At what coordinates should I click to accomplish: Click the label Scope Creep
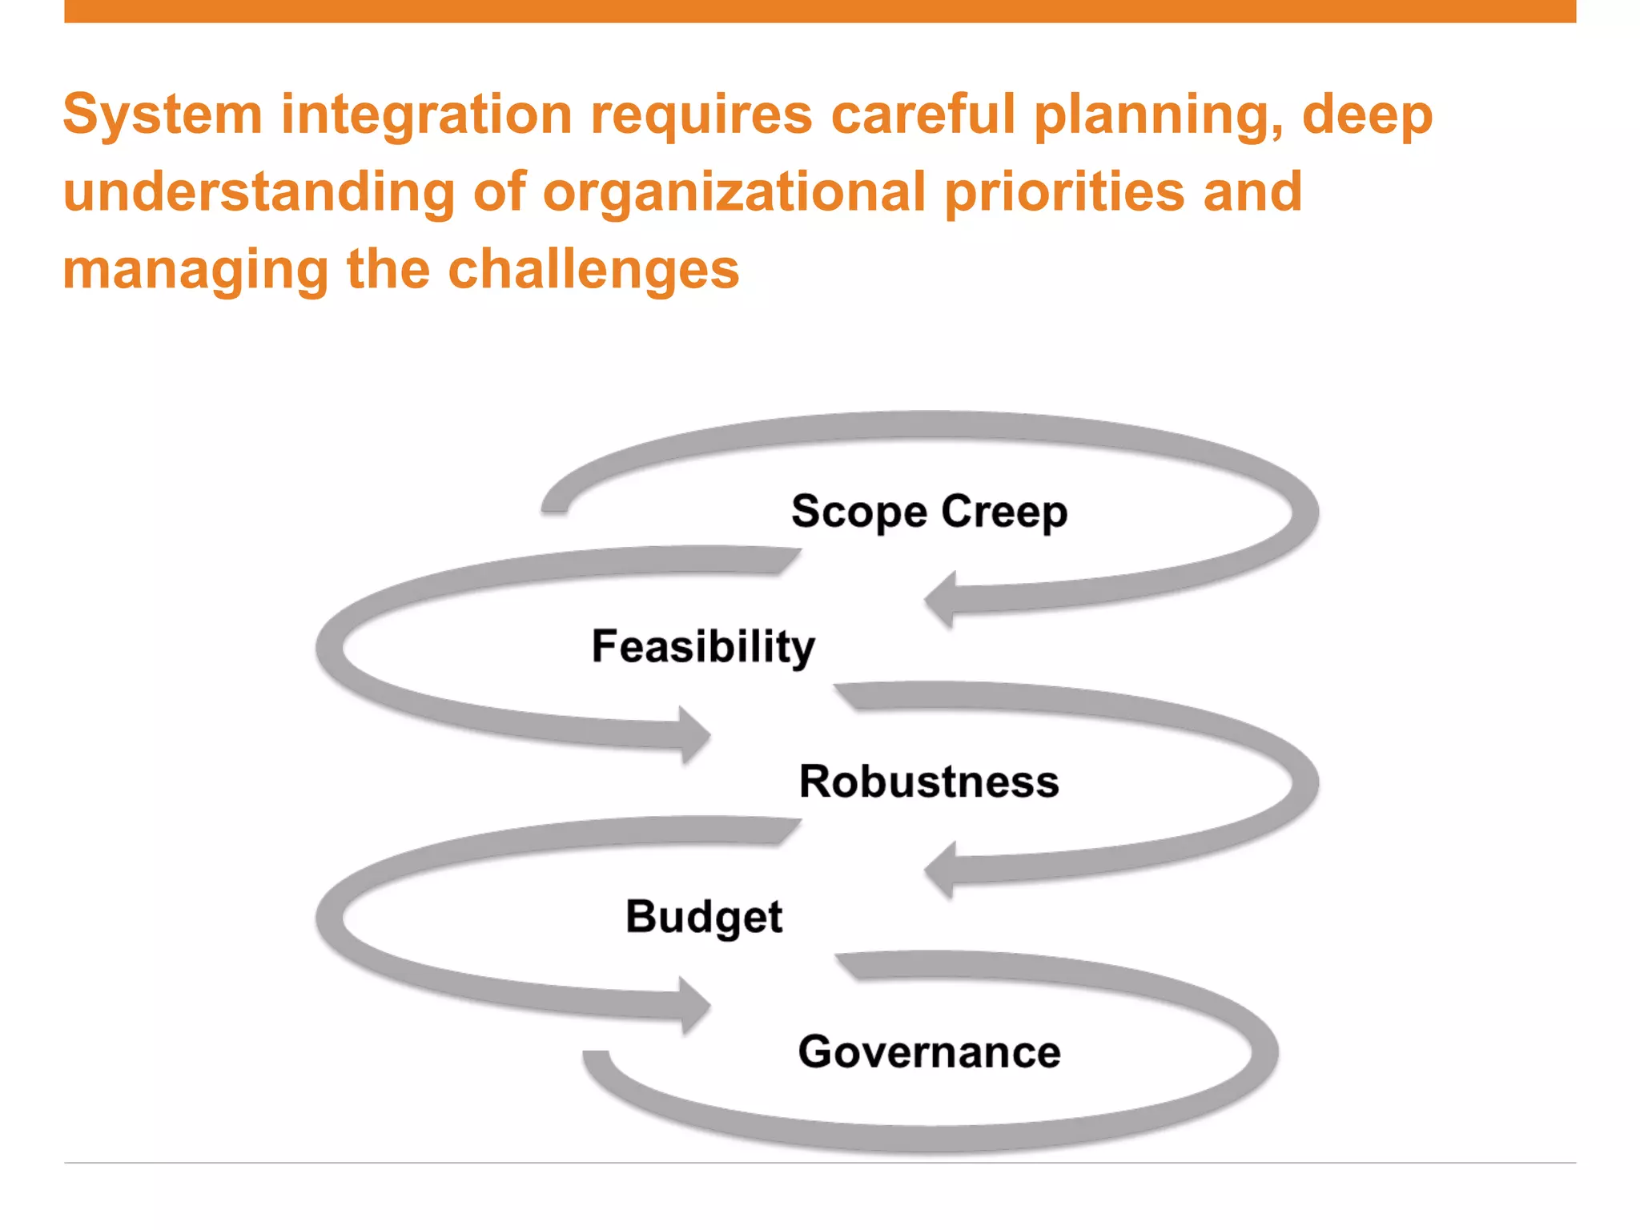(x=929, y=512)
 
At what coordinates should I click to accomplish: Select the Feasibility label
(x=703, y=646)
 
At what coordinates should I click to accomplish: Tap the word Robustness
(x=929, y=782)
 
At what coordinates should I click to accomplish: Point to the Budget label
(x=703, y=916)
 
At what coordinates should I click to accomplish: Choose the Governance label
(x=929, y=1051)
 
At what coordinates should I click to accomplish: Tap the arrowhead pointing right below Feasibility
(x=693, y=734)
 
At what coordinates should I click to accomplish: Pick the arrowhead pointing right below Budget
(x=693, y=1005)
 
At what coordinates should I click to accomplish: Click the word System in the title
(x=163, y=115)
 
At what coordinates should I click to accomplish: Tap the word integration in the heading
(x=426, y=115)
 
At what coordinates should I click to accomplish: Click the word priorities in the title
(x=1064, y=192)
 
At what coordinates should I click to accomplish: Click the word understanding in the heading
(x=259, y=192)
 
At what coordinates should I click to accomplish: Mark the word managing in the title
(x=195, y=271)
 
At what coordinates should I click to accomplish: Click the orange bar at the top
(x=820, y=11)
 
